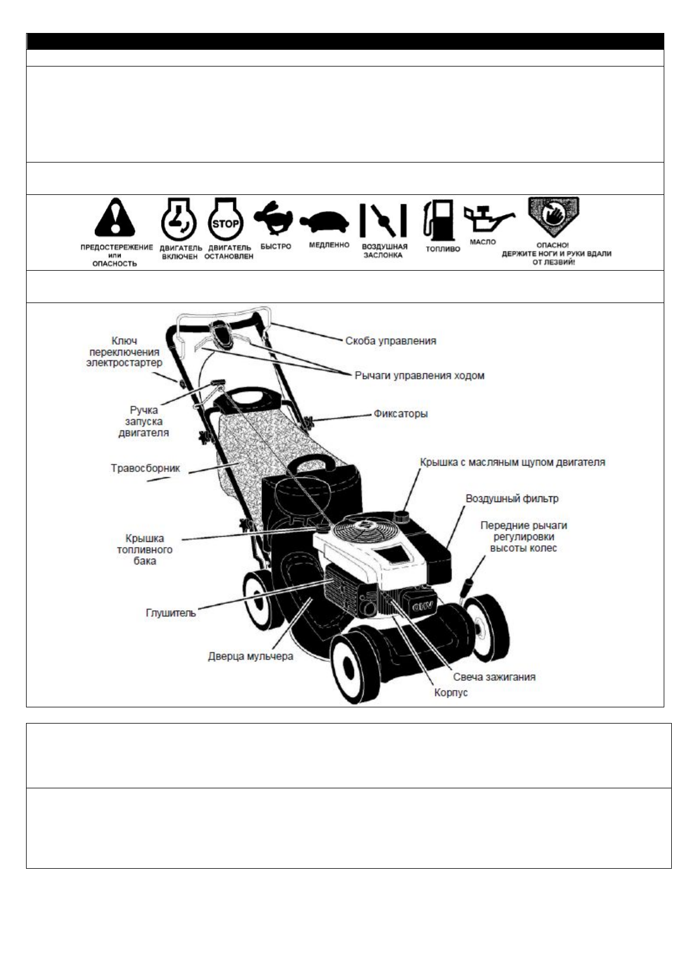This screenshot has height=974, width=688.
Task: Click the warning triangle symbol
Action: [115, 219]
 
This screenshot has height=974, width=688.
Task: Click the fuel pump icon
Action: [439, 221]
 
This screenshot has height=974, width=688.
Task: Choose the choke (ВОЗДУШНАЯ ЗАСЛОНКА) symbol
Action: [384, 220]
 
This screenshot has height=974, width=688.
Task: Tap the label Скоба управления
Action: [391, 341]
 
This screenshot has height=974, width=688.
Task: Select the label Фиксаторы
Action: [401, 414]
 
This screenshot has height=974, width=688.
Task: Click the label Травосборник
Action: [145, 468]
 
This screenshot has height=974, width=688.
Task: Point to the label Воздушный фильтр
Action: [512, 498]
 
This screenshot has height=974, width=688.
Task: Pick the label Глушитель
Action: [171, 613]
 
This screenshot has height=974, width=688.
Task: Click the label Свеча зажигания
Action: [494, 677]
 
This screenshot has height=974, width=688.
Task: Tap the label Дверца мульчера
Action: [250, 656]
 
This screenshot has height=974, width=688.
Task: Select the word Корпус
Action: [451, 692]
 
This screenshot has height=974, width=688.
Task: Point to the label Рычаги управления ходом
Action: [419, 375]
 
